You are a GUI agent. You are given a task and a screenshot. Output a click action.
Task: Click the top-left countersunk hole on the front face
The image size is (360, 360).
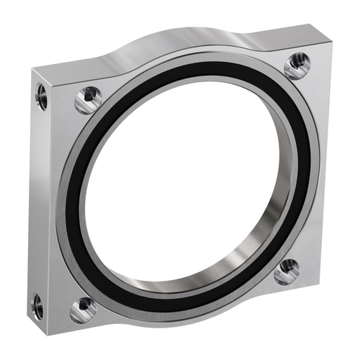[x=88, y=99]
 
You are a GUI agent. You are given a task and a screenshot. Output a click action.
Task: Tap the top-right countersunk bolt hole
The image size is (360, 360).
[x=296, y=65]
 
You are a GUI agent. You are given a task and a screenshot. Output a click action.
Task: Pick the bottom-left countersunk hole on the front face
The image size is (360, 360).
[x=84, y=308]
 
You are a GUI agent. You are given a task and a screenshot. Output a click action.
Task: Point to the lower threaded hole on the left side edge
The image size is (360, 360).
[x=37, y=307]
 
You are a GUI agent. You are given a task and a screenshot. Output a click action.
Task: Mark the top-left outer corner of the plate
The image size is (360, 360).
[x=32, y=68]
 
